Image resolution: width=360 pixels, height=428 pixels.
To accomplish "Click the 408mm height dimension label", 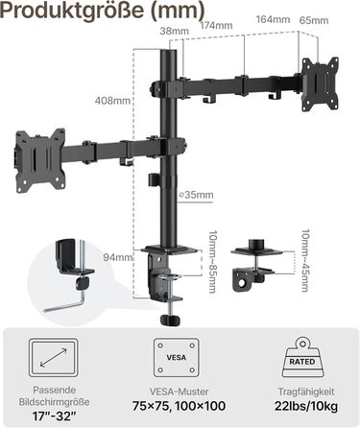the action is point(112,101).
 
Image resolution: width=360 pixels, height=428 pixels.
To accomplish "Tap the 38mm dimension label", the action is point(175,31).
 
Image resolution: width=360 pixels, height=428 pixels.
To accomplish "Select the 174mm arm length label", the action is point(216,25).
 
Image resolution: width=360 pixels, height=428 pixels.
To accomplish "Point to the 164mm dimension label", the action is point(273,19).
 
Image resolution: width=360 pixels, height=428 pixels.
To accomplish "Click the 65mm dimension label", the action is point(314,20).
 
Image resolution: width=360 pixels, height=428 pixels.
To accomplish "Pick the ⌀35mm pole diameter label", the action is point(196,195).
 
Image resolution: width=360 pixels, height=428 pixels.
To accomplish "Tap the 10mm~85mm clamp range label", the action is point(212,262).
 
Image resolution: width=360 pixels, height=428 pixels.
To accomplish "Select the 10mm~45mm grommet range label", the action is point(305,260).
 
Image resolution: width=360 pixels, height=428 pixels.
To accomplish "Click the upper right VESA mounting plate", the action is point(321,84).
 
